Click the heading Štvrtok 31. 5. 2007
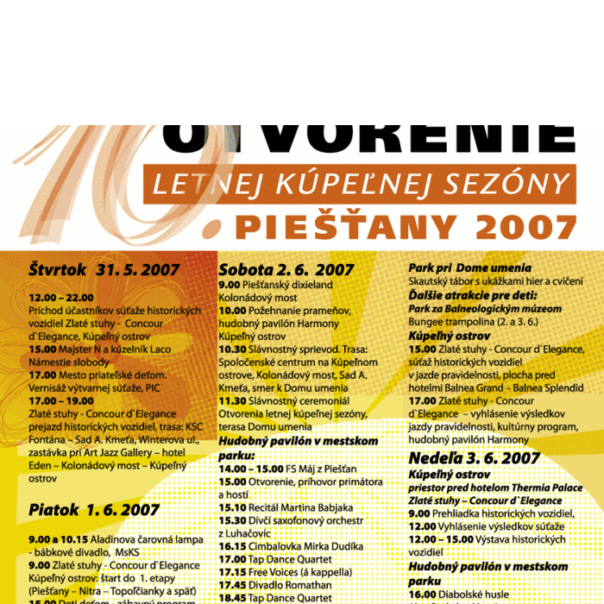coord(104,270)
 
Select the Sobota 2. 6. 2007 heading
coord(286,269)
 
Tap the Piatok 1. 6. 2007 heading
coord(94,510)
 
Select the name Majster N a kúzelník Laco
coord(109,349)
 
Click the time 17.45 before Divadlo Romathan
coord(232,584)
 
